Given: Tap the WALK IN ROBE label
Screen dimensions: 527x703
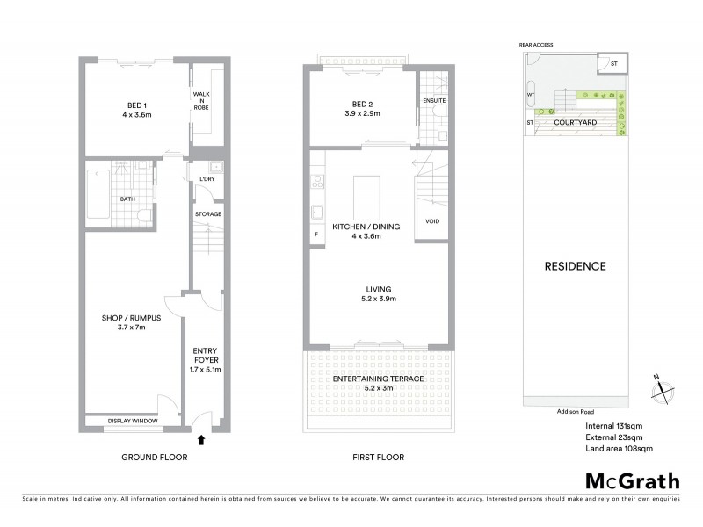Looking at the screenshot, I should (x=201, y=101).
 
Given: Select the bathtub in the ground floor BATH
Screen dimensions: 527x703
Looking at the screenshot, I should (x=98, y=187).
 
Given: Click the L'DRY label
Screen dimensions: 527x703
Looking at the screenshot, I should (x=208, y=179).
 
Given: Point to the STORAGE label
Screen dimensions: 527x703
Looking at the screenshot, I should (x=208, y=213).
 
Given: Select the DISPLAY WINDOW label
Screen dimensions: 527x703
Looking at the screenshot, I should (x=133, y=422).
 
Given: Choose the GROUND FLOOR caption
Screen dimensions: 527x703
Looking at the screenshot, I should (x=156, y=457).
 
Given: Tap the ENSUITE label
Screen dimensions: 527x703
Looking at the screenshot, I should (x=434, y=101).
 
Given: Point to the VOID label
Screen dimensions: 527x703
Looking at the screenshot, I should (x=432, y=220).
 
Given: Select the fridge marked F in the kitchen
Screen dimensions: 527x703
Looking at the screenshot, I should (x=315, y=235).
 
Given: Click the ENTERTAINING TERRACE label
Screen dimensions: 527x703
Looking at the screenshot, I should (x=379, y=379).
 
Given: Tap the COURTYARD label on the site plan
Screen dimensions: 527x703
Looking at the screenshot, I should (x=571, y=123).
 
